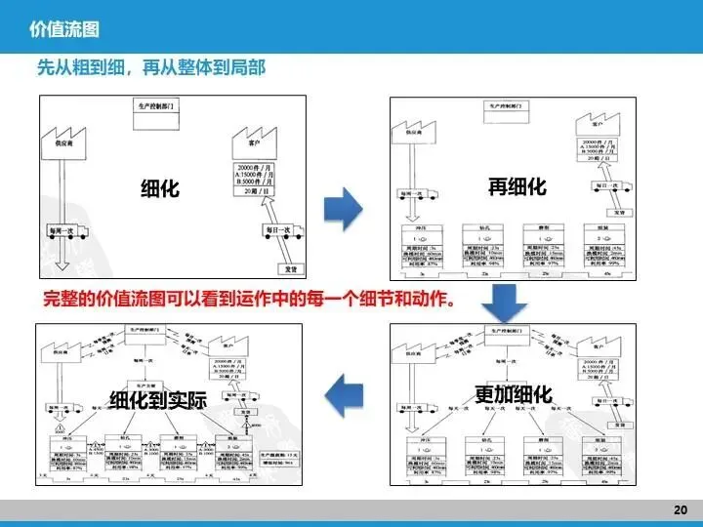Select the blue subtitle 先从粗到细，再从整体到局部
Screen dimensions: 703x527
click(151, 68)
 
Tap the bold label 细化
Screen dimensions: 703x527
click(160, 187)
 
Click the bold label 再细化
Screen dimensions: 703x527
click(517, 185)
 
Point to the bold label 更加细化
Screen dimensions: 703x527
click(515, 394)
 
